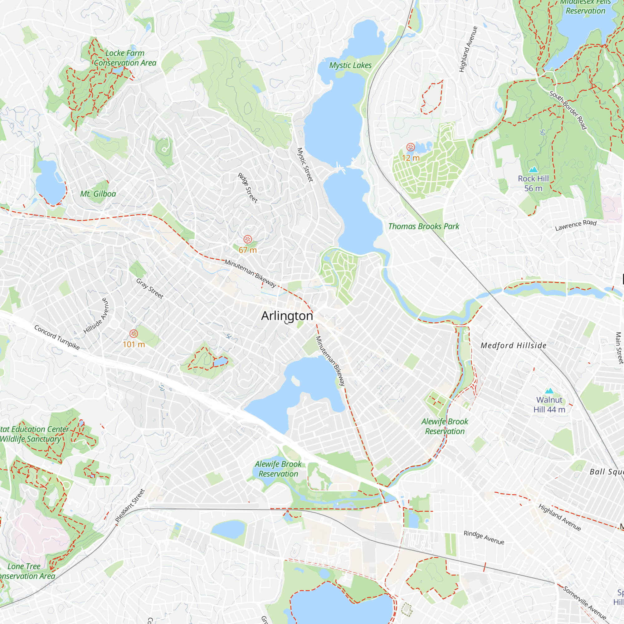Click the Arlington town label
pos(287,316)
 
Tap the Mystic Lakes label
pos(350,65)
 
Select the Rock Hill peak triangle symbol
pos(533,169)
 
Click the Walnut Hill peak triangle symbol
pos(549,391)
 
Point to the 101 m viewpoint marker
pos(134,334)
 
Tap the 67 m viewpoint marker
pos(248,239)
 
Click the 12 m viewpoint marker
pos(411,147)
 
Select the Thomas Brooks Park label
pos(423,227)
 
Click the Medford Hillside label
pos(513,346)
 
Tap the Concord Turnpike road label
pos(57,338)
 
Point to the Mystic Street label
pos(305,165)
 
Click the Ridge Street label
pos(248,188)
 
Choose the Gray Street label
pos(149,289)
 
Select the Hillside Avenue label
pos(96,316)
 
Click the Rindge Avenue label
pos(484,538)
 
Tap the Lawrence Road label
pos(576,225)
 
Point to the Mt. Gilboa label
pos(98,194)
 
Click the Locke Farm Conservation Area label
pos(125,58)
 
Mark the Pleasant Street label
pos(130,506)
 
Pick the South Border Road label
pos(568,110)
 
